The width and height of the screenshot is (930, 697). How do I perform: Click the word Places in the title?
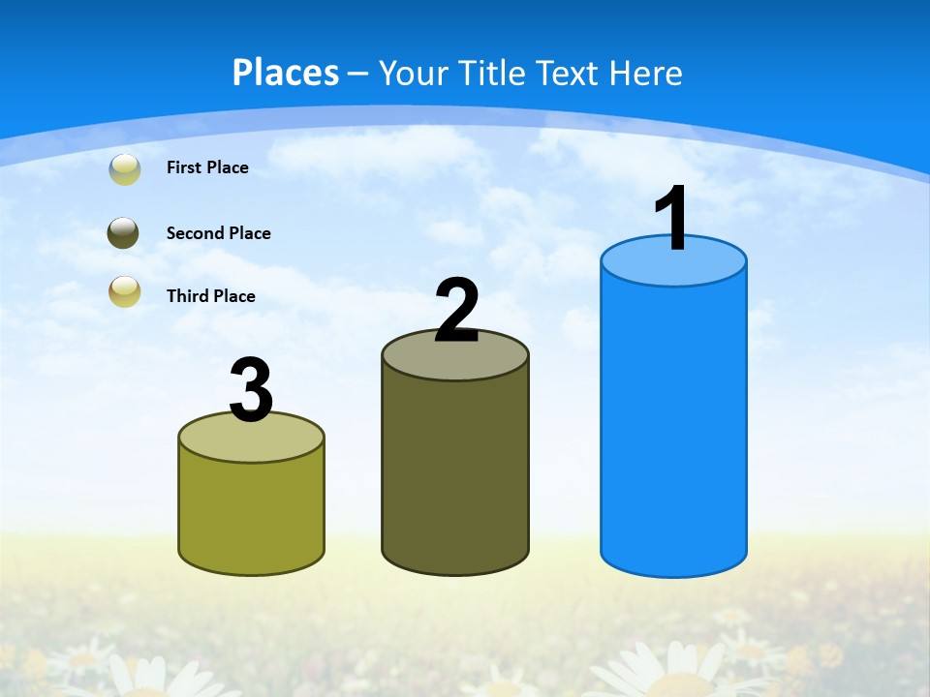(286, 73)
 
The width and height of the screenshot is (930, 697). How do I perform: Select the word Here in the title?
(646, 73)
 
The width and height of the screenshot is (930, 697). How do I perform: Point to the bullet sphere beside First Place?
(125, 168)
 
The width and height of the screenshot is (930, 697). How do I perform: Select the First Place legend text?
(207, 167)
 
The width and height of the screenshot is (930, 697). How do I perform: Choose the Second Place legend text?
(218, 233)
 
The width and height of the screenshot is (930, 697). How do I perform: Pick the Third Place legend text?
(210, 296)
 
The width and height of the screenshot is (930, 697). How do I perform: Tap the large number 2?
(457, 311)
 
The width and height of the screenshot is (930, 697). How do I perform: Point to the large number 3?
(251, 391)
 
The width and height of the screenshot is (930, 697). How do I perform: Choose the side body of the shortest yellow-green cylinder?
(251, 513)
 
